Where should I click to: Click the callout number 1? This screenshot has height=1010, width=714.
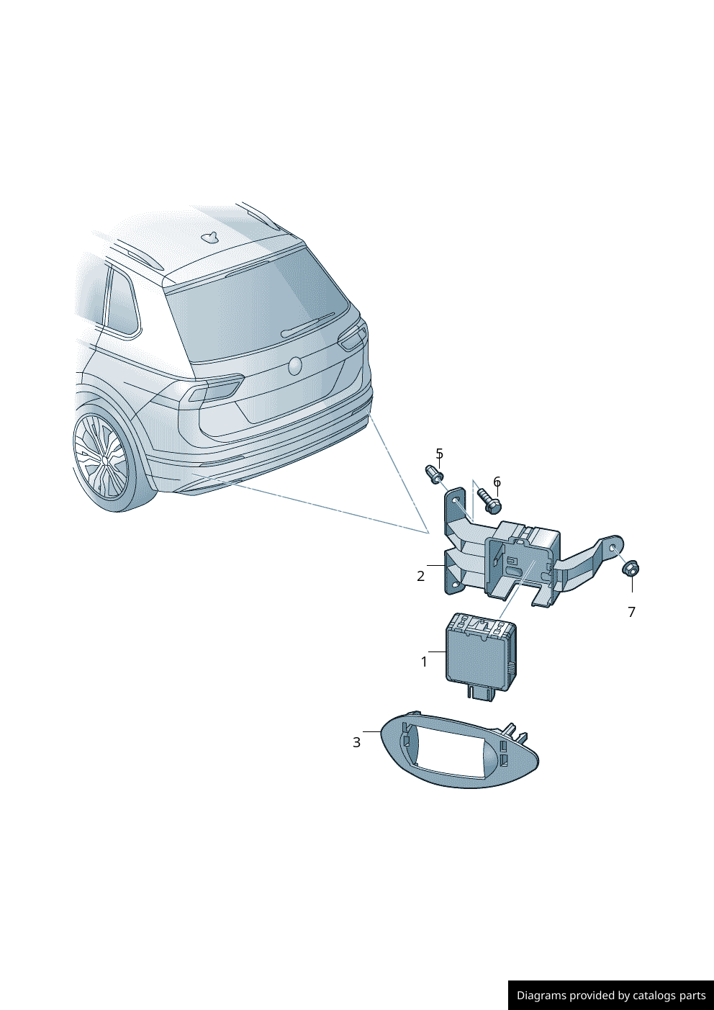coord(424,662)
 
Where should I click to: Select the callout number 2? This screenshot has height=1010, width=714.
coord(420,576)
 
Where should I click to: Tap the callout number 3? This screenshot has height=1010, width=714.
coord(356,743)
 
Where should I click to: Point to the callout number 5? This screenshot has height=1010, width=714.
coord(440,453)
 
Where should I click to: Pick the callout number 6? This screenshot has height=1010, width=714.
coord(497,482)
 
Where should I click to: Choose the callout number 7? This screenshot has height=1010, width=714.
coord(631,613)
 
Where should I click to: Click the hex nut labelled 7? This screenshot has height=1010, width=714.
coord(631,568)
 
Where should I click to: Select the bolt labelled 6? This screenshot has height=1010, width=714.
coord(489,500)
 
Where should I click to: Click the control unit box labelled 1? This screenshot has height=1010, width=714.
coord(481,652)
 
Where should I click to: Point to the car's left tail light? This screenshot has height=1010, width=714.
coord(215,388)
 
